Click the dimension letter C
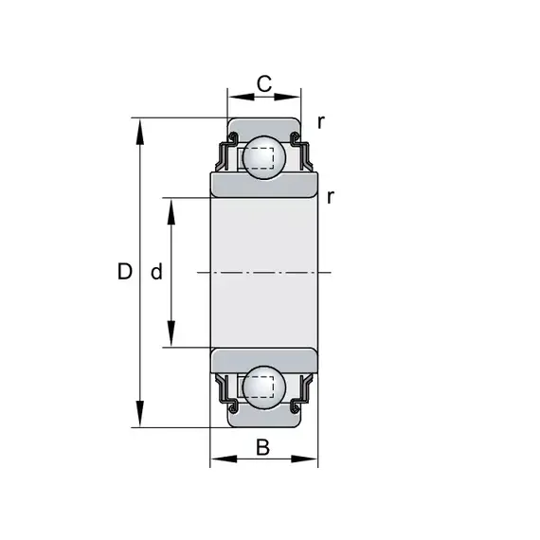[264, 83]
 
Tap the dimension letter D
[125, 271]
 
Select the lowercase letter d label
[156, 271]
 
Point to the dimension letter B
[263, 447]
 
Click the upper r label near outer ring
[321, 121]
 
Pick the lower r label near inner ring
[331, 197]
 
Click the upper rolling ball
[264, 157]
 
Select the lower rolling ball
[264, 387]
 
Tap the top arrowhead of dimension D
[140, 132]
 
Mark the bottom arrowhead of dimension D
[140, 414]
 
